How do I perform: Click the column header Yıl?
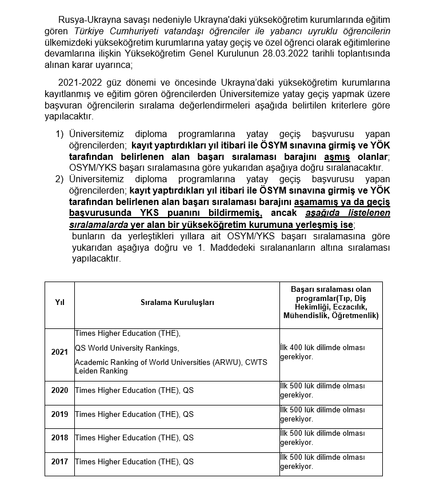pyautogui.click(x=59, y=302)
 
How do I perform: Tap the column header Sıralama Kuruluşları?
pyautogui.click(x=177, y=302)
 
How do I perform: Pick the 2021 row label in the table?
pyautogui.click(x=59, y=352)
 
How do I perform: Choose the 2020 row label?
pyautogui.click(x=59, y=390)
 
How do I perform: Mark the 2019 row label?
pyautogui.click(x=59, y=414)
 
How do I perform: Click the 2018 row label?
pyautogui.click(x=59, y=437)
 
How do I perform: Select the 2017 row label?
pyautogui.click(x=59, y=461)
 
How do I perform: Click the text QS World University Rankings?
pyautogui.click(x=127, y=348)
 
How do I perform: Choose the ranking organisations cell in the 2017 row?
pyautogui.click(x=134, y=461)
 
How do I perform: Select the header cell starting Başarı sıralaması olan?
pyautogui.click(x=331, y=302)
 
